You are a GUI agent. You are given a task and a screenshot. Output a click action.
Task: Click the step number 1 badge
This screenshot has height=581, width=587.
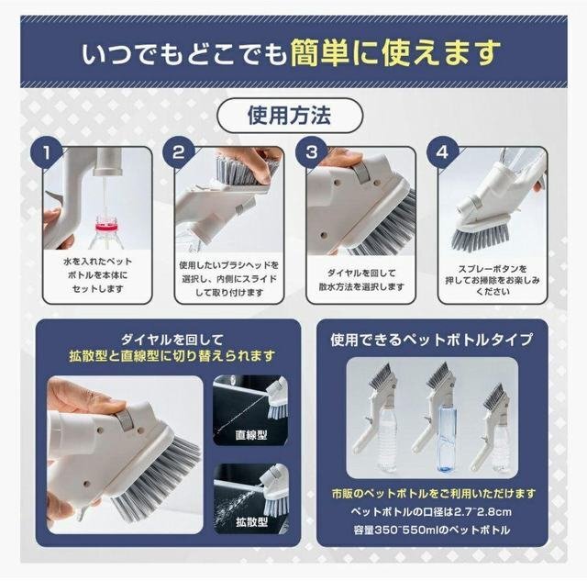pos(46,153)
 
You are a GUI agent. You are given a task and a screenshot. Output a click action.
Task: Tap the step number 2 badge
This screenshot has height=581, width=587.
pos(178,153)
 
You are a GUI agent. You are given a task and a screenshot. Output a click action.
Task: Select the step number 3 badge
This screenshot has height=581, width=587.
pos(311,153)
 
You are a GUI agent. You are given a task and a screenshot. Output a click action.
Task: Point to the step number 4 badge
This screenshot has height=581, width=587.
pos(442,153)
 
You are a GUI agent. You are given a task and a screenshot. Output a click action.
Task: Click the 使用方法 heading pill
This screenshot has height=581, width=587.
pos(290,116)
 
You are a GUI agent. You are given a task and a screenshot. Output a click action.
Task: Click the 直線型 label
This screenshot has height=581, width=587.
pos(251,434)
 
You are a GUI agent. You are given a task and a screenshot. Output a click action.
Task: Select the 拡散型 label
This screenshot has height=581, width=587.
pos(251,521)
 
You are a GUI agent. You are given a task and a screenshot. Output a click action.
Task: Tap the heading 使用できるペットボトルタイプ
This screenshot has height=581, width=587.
pos(431,340)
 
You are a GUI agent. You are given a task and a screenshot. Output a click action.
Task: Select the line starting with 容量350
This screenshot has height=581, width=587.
pos(431,530)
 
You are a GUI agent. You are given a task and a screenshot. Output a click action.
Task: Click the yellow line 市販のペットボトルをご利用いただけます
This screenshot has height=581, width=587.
pos(433,493)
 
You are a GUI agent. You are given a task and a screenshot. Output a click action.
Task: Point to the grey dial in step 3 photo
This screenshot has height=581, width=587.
pos(362,173)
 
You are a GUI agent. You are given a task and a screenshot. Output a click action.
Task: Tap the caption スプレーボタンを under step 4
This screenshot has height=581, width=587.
pos(493,269)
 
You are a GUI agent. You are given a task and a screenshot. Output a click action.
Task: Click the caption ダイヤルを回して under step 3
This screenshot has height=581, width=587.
pos(360,274)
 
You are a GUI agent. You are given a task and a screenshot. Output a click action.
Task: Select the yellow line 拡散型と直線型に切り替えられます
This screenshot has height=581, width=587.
pos(172,356)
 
